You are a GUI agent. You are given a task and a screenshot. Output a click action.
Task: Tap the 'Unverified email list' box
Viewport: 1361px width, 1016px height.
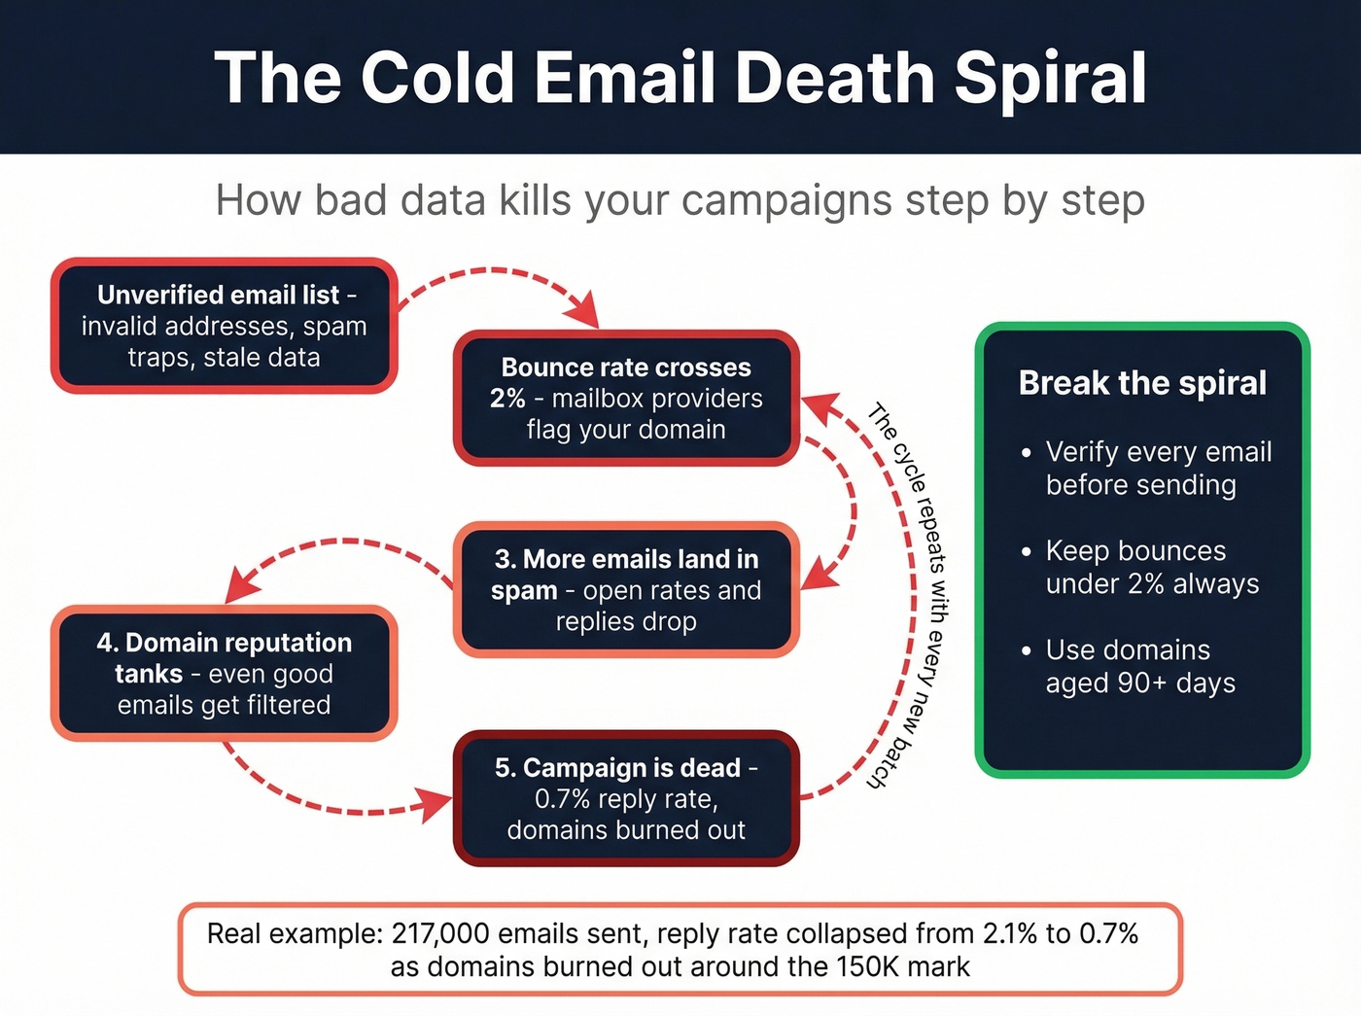click(x=224, y=326)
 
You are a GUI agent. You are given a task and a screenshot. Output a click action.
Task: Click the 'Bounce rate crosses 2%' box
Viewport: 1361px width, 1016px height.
click(x=626, y=399)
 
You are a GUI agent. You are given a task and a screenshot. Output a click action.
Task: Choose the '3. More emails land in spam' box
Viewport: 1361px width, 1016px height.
click(x=626, y=590)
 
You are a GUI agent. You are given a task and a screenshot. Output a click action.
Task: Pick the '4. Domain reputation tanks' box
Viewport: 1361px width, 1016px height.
click(x=224, y=674)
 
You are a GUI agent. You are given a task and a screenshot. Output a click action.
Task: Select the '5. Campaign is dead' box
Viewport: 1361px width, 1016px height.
click(x=626, y=798)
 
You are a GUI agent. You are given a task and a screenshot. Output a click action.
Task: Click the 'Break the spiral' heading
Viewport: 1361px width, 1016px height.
click(x=1142, y=383)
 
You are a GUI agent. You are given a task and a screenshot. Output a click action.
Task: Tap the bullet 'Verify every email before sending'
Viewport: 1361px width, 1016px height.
click(x=1158, y=468)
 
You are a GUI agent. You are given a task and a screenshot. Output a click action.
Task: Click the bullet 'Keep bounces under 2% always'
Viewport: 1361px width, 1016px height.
click(x=1152, y=567)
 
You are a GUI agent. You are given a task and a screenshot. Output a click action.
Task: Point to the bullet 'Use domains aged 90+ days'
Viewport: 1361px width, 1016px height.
click(x=1139, y=666)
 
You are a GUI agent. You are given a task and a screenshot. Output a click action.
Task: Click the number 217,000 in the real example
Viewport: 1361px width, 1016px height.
click(x=440, y=934)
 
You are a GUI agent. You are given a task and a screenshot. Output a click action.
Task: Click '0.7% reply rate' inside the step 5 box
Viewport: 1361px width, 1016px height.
click(x=626, y=799)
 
